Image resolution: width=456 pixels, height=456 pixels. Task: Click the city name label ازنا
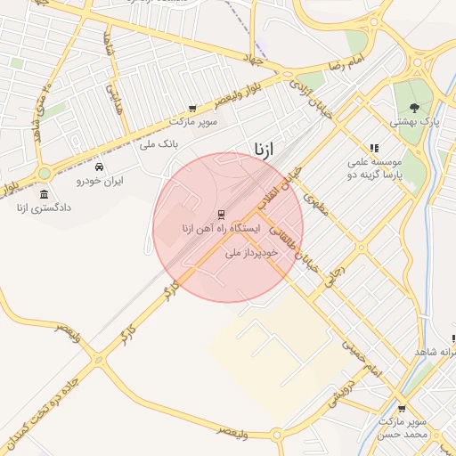click(265, 146)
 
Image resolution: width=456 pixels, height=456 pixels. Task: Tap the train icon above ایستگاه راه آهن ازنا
click(220, 214)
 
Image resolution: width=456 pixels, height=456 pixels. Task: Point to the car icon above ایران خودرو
click(99, 167)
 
